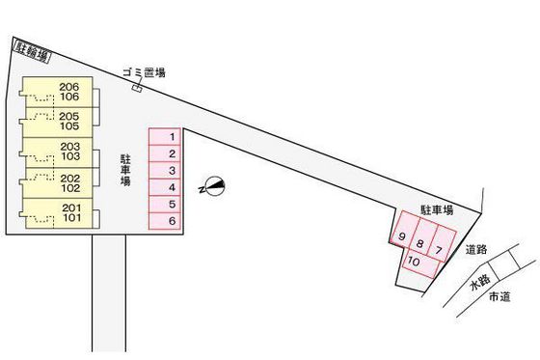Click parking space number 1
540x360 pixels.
170,137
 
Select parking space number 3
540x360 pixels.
170,171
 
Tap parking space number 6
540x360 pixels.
170,222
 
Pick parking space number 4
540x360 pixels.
170,187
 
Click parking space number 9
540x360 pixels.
401,237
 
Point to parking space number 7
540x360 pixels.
440,250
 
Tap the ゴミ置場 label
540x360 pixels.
144,72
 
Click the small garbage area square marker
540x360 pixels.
137,90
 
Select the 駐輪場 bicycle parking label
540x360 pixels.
27,48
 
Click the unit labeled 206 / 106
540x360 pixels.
67,93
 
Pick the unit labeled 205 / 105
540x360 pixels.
67,122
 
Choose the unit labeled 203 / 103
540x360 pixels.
67,151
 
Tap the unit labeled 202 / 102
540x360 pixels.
67,182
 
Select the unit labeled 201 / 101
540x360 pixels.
67,213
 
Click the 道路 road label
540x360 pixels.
474,249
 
